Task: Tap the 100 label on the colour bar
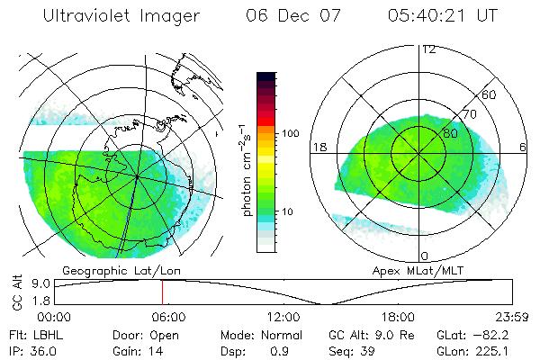290,133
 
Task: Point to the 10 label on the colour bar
289,211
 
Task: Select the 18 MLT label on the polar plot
318,147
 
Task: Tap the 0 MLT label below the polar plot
424,256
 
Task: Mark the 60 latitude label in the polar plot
490,94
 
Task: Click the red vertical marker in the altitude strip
162,292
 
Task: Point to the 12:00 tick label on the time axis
283,317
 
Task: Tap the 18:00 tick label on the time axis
398,317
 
